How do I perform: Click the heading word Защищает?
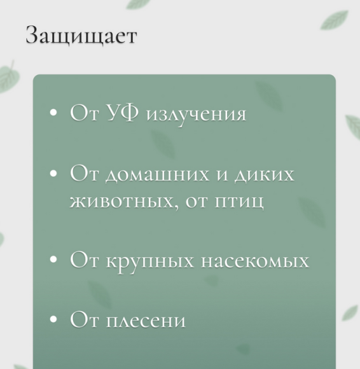click(81, 36)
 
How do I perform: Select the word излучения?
click(196, 115)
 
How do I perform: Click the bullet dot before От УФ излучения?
click(54, 114)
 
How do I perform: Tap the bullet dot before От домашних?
click(54, 173)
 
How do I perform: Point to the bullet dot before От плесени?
click(54, 319)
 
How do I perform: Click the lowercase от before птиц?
click(193, 202)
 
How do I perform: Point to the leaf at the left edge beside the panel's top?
click(8, 77)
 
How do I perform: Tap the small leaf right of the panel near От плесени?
click(349, 312)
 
